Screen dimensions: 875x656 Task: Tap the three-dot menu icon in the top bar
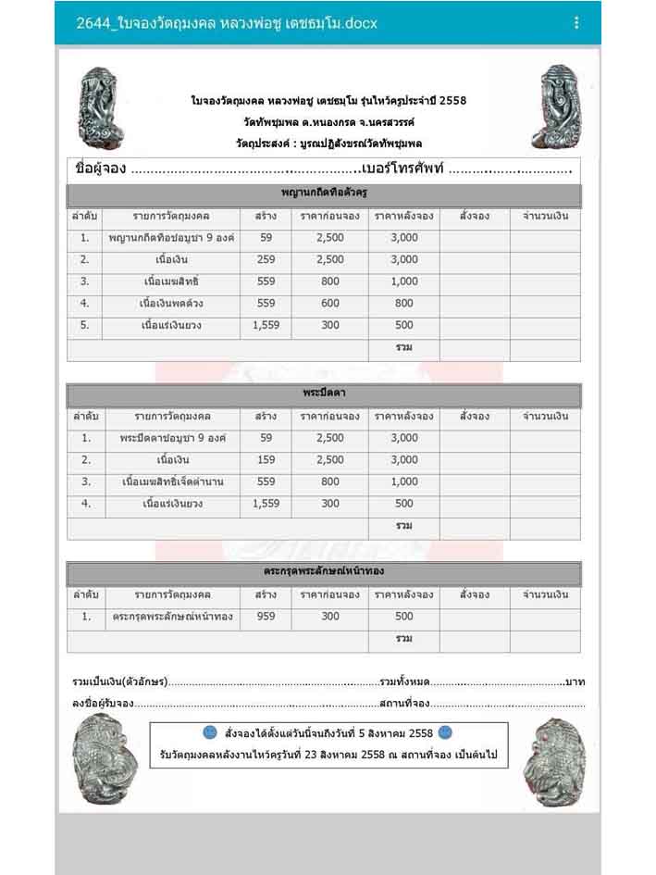coord(576,22)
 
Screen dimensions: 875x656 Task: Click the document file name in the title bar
coord(227,22)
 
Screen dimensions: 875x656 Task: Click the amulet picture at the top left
coord(101,109)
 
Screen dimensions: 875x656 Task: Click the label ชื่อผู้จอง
coord(100,169)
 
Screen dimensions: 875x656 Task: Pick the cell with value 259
coord(266,259)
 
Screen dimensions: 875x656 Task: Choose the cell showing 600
coord(330,303)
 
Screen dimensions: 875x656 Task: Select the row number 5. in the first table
coord(85,325)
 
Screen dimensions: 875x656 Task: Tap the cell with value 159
coord(266,459)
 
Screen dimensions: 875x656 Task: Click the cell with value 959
coord(266,616)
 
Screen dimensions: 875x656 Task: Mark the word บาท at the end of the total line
coord(575,681)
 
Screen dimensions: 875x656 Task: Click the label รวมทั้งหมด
coord(404,681)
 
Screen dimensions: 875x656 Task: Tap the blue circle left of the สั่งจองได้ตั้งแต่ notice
coord(209,732)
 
